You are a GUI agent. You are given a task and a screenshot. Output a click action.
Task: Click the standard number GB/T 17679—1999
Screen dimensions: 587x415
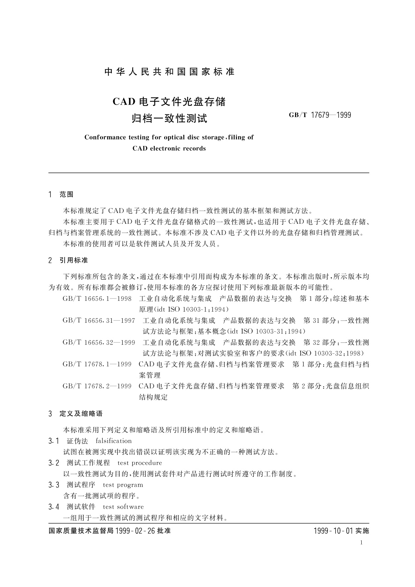click(320, 115)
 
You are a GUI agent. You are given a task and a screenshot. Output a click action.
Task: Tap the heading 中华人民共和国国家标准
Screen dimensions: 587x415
click(169, 72)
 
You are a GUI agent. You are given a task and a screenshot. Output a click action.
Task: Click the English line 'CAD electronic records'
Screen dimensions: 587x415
click(169, 148)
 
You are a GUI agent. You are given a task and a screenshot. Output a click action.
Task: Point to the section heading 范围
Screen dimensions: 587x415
click(67, 194)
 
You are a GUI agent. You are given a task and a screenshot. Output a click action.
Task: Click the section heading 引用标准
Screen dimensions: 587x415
click(74, 260)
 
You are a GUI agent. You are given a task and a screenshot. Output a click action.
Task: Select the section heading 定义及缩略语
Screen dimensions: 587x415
click(81, 414)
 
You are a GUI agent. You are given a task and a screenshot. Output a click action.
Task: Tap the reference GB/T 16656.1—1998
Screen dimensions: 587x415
click(97, 299)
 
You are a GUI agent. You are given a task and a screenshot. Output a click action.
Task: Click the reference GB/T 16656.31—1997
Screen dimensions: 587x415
click(99, 320)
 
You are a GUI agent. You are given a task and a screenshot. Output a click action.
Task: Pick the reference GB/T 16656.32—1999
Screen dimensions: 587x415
click(99, 342)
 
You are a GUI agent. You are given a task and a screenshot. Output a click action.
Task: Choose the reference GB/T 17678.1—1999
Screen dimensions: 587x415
click(97, 364)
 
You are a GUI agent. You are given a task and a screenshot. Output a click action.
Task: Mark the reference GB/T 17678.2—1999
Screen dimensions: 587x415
click(97, 386)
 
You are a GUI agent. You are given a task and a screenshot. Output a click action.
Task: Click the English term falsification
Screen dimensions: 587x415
click(114, 441)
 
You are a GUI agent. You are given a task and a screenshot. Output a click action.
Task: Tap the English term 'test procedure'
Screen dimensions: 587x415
click(140, 463)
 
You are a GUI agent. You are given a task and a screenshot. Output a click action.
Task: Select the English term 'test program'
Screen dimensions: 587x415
click(123, 485)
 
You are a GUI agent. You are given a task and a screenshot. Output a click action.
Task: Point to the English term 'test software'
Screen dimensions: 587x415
click(123, 507)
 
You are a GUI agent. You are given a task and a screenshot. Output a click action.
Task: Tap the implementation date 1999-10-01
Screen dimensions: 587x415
click(333, 531)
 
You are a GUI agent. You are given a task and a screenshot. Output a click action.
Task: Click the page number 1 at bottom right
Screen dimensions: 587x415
click(361, 542)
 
